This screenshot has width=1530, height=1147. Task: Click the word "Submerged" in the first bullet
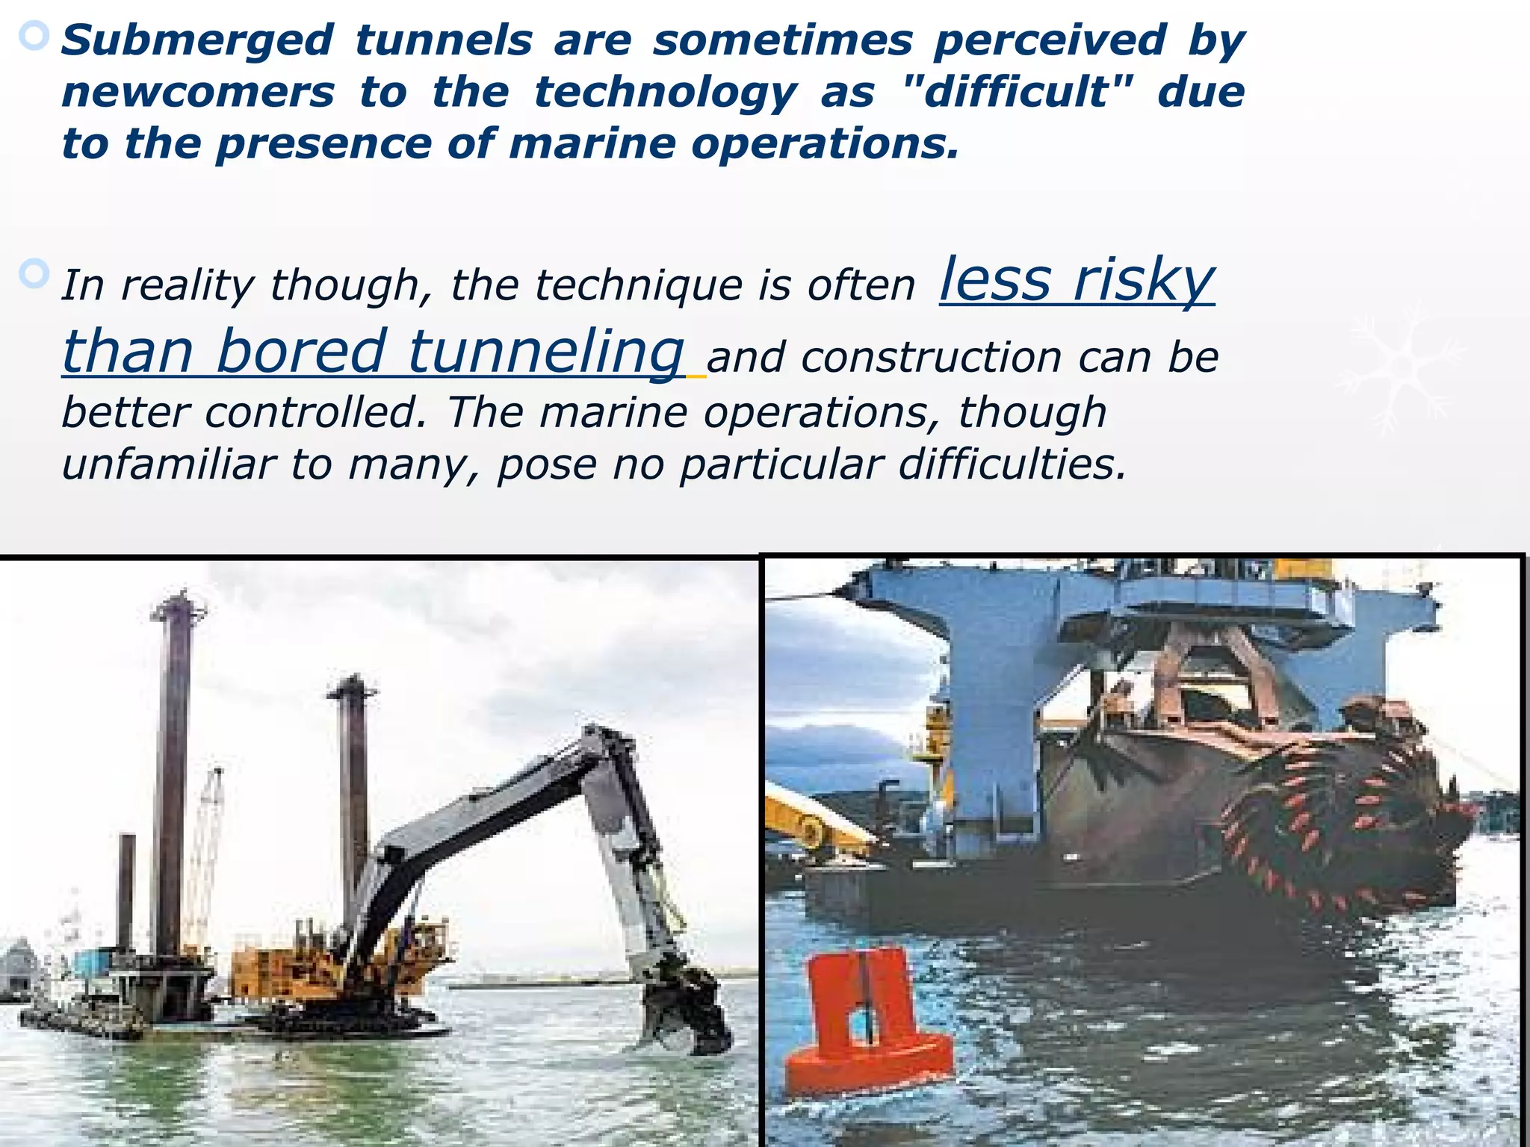click(x=196, y=40)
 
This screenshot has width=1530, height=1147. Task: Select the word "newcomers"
click(x=198, y=93)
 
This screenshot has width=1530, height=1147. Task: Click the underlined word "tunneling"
click(x=546, y=352)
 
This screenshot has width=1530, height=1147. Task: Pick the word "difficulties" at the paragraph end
click(x=1012, y=464)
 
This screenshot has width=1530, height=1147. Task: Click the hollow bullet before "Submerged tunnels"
click(x=34, y=36)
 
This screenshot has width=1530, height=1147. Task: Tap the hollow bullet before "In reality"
click(x=34, y=275)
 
